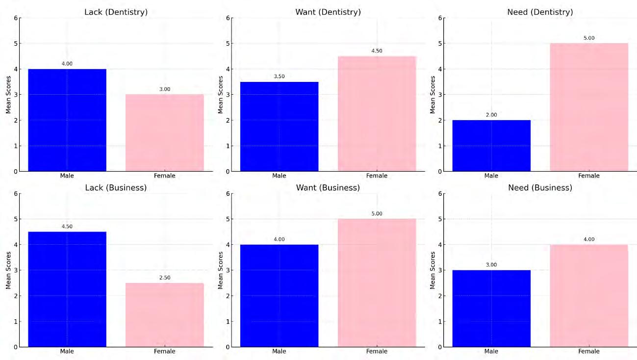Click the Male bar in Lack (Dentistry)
(x=67, y=120)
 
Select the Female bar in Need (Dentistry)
(x=589, y=107)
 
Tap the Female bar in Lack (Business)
(x=165, y=315)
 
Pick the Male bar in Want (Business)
(x=279, y=296)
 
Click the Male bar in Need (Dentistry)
(x=491, y=146)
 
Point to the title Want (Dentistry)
(x=328, y=12)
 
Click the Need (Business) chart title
(x=540, y=188)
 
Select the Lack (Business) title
(x=116, y=188)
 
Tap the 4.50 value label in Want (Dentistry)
(x=377, y=51)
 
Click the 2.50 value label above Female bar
(x=165, y=278)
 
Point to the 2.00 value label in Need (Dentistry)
(x=491, y=115)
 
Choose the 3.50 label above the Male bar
(x=279, y=76)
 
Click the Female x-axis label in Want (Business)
(x=377, y=351)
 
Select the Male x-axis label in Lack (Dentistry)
(x=67, y=176)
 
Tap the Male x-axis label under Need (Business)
(x=491, y=351)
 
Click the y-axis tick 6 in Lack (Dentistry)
(x=16, y=18)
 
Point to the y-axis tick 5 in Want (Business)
(x=228, y=219)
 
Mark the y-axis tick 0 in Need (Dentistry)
(x=440, y=172)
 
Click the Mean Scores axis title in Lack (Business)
(x=8, y=270)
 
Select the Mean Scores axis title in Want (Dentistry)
(x=220, y=95)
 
